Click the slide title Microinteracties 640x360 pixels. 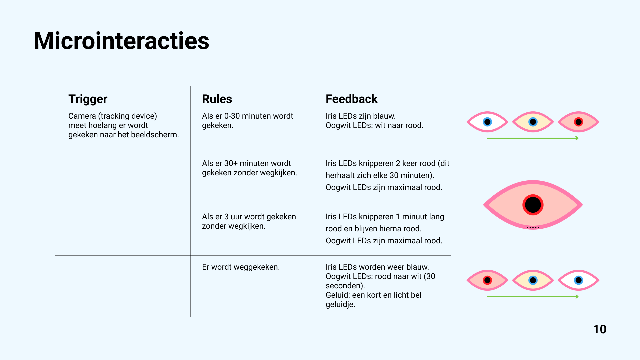121,41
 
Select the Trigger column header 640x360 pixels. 88,99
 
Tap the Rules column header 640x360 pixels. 217,99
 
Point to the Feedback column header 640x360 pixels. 351,99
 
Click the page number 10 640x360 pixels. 599,329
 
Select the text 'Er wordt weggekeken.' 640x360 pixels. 241,267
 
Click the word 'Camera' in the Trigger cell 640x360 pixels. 82,116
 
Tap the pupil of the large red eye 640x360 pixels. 533,205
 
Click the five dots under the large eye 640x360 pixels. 533,228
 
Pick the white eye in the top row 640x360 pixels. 487,122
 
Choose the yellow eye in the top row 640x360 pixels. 533,122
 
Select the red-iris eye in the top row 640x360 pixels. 578,122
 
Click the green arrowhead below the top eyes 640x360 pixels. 577,138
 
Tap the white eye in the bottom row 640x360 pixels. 578,280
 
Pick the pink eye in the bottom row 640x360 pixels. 487,280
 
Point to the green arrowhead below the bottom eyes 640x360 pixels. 577,297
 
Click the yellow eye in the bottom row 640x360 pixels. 533,280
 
